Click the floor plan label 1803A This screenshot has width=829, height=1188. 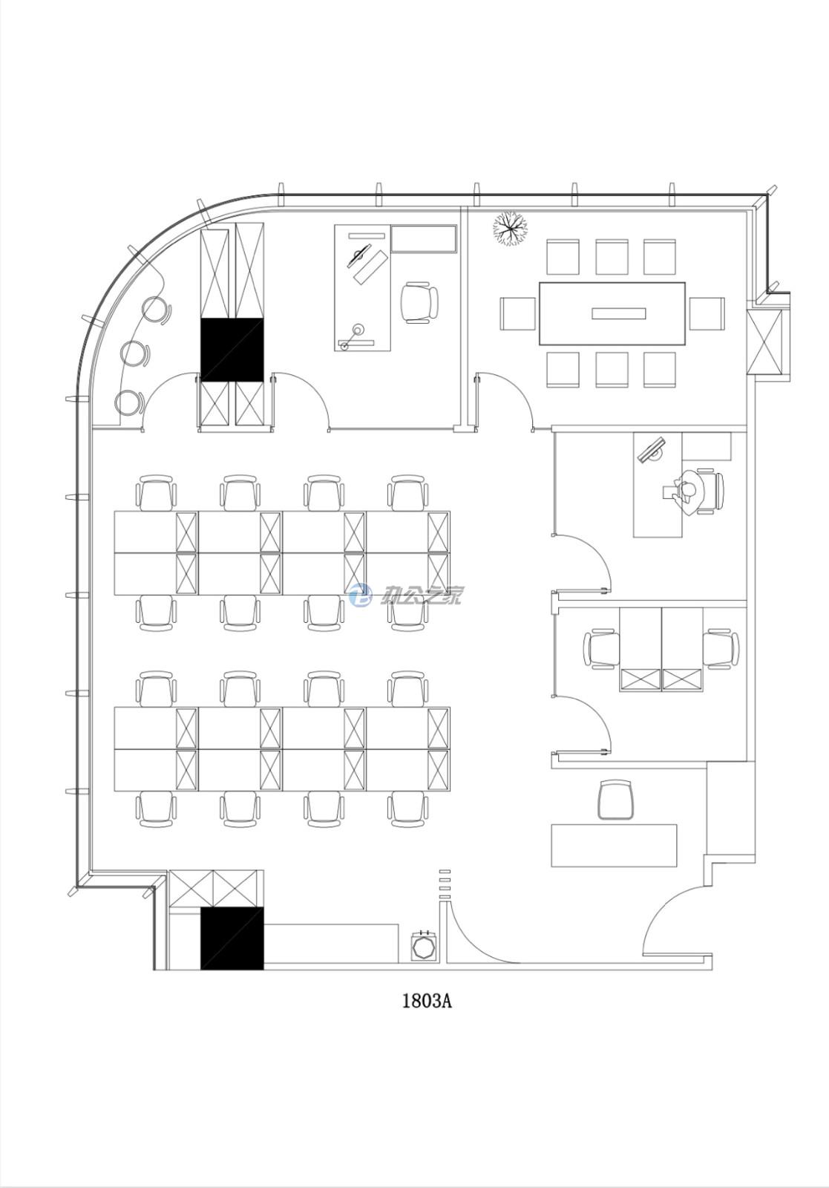[427, 1002]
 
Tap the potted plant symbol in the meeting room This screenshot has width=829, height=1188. [510, 228]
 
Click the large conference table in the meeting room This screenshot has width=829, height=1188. [612, 313]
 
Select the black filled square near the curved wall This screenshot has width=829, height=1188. [232, 350]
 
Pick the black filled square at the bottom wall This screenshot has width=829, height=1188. [232, 939]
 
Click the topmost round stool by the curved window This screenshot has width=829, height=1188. [157, 310]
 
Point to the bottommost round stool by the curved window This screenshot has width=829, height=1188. [129, 403]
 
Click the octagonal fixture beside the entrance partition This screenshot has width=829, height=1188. [425, 944]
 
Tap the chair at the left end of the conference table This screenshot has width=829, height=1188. [518, 314]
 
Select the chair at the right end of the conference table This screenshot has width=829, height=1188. [707, 314]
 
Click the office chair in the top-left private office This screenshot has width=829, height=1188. [419, 303]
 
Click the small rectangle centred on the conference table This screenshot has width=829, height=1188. [618, 313]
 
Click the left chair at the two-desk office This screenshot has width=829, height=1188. [602, 648]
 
